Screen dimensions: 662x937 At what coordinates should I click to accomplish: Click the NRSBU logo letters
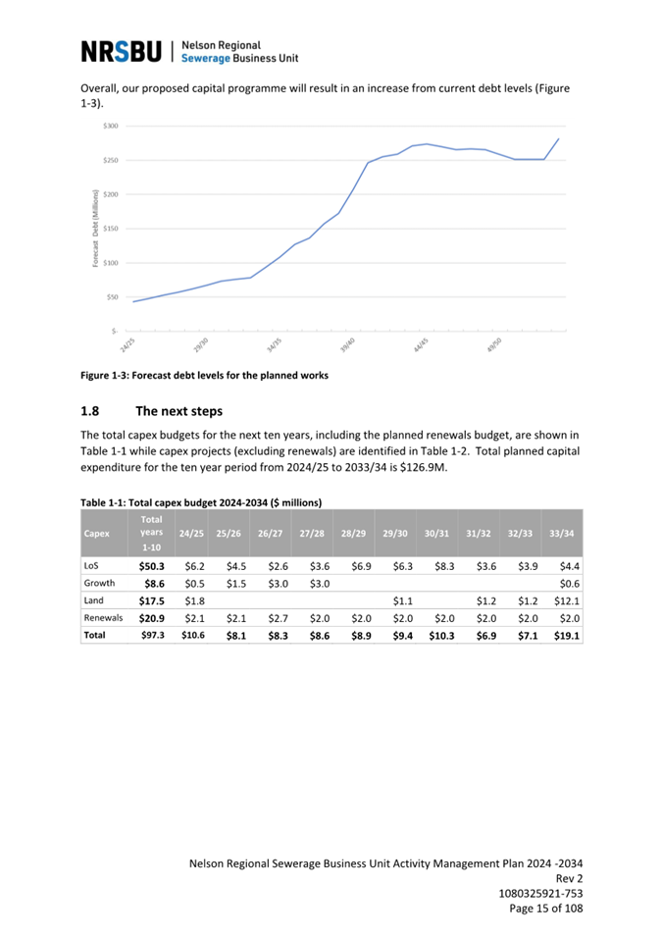coord(122,51)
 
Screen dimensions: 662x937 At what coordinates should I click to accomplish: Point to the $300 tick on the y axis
coord(111,127)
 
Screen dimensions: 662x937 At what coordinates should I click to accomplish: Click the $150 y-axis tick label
coord(111,229)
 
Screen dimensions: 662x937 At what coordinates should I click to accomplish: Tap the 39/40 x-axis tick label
coord(348,344)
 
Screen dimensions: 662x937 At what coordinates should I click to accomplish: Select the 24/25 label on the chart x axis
coord(127,344)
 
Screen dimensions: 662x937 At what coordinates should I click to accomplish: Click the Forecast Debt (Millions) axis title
coord(95,229)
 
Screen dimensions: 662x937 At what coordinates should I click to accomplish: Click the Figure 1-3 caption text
coord(204,375)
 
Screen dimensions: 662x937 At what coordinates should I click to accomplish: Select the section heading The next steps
coord(178,411)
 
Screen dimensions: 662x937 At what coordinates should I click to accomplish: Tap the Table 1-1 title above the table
coord(201,502)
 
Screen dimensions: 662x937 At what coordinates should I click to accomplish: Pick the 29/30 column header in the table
coord(395,533)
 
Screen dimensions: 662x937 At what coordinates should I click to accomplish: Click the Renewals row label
coord(103,618)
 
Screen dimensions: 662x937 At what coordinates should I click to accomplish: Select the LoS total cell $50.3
coord(152,566)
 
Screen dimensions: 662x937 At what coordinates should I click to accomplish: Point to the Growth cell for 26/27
coord(278,584)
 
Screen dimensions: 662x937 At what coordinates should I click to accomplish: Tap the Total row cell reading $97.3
coord(152,635)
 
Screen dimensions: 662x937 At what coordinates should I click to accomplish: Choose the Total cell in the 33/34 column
coord(567,636)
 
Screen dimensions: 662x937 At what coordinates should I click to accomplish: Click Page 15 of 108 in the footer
coord(545,909)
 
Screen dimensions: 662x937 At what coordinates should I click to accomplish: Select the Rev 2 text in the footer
coord(569,878)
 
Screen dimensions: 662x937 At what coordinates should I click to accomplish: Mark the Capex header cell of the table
coord(97,533)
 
